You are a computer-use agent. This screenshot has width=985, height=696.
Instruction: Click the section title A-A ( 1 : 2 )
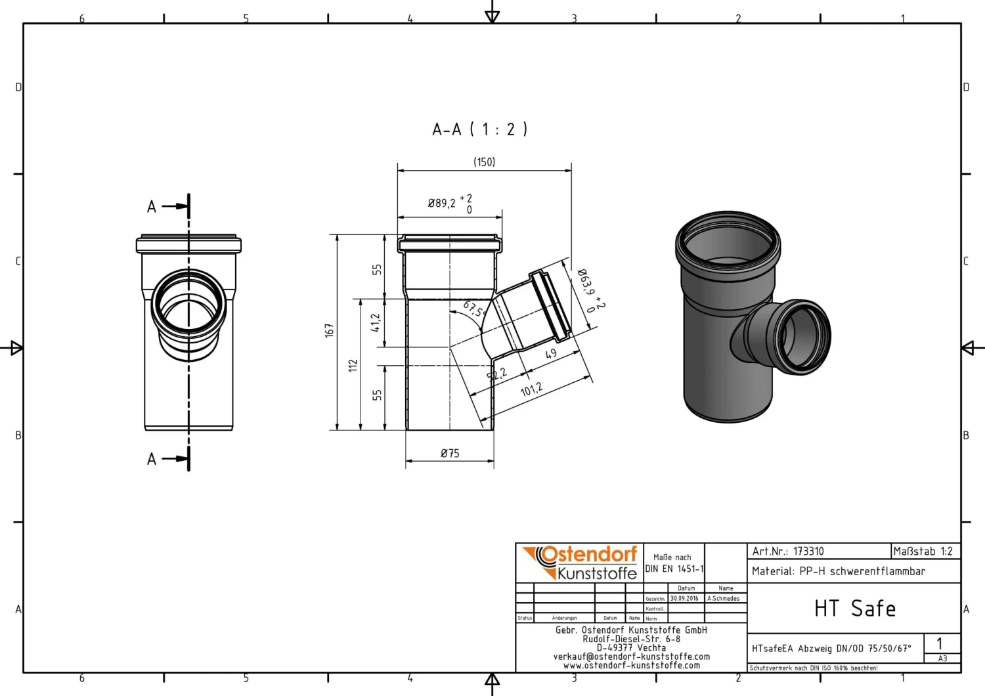coord(479,129)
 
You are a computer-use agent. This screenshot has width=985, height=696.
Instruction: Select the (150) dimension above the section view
coord(485,162)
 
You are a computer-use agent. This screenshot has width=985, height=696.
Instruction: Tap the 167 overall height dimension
coord(330,330)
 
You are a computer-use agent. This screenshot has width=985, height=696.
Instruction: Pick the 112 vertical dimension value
coord(353,366)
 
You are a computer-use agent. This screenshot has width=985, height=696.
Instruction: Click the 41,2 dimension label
coord(376,322)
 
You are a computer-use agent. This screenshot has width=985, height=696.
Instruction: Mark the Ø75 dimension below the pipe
coord(450,454)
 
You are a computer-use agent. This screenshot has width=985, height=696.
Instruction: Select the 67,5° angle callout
coord(474,309)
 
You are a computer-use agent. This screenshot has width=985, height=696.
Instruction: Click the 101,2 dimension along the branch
coord(531,390)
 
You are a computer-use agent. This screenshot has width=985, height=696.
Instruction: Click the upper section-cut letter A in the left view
coord(152,207)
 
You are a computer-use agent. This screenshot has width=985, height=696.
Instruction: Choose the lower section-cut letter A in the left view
coord(152,460)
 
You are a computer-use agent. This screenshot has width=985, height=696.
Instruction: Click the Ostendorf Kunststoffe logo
coord(580,563)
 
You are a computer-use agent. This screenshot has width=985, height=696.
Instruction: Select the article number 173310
coord(808,552)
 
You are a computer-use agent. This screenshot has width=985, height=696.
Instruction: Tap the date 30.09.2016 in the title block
coord(684,599)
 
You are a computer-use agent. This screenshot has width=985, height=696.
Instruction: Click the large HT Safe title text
coord(854,609)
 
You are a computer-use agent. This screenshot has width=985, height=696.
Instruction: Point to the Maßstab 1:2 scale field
coord(923,552)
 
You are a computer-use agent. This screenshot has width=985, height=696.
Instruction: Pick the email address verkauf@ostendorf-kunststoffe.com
coord(631,657)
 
